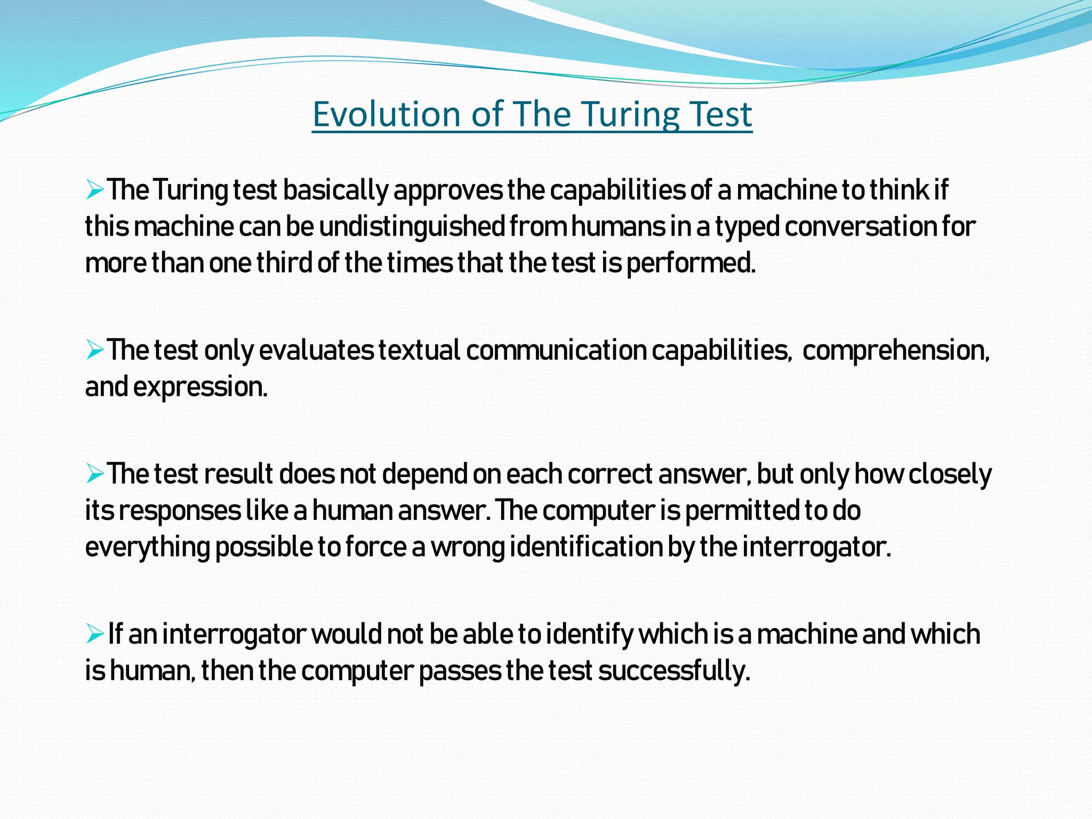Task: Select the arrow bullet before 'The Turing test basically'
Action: point(94,190)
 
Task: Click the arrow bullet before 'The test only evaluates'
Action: point(94,350)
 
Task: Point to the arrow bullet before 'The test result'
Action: point(94,474)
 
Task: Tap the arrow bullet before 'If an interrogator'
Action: point(94,634)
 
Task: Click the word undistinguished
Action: point(412,227)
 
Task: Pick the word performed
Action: point(691,263)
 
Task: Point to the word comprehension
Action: point(896,351)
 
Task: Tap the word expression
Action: point(200,387)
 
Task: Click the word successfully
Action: point(674,671)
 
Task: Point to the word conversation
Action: point(860,227)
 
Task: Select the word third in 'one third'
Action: point(284,263)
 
